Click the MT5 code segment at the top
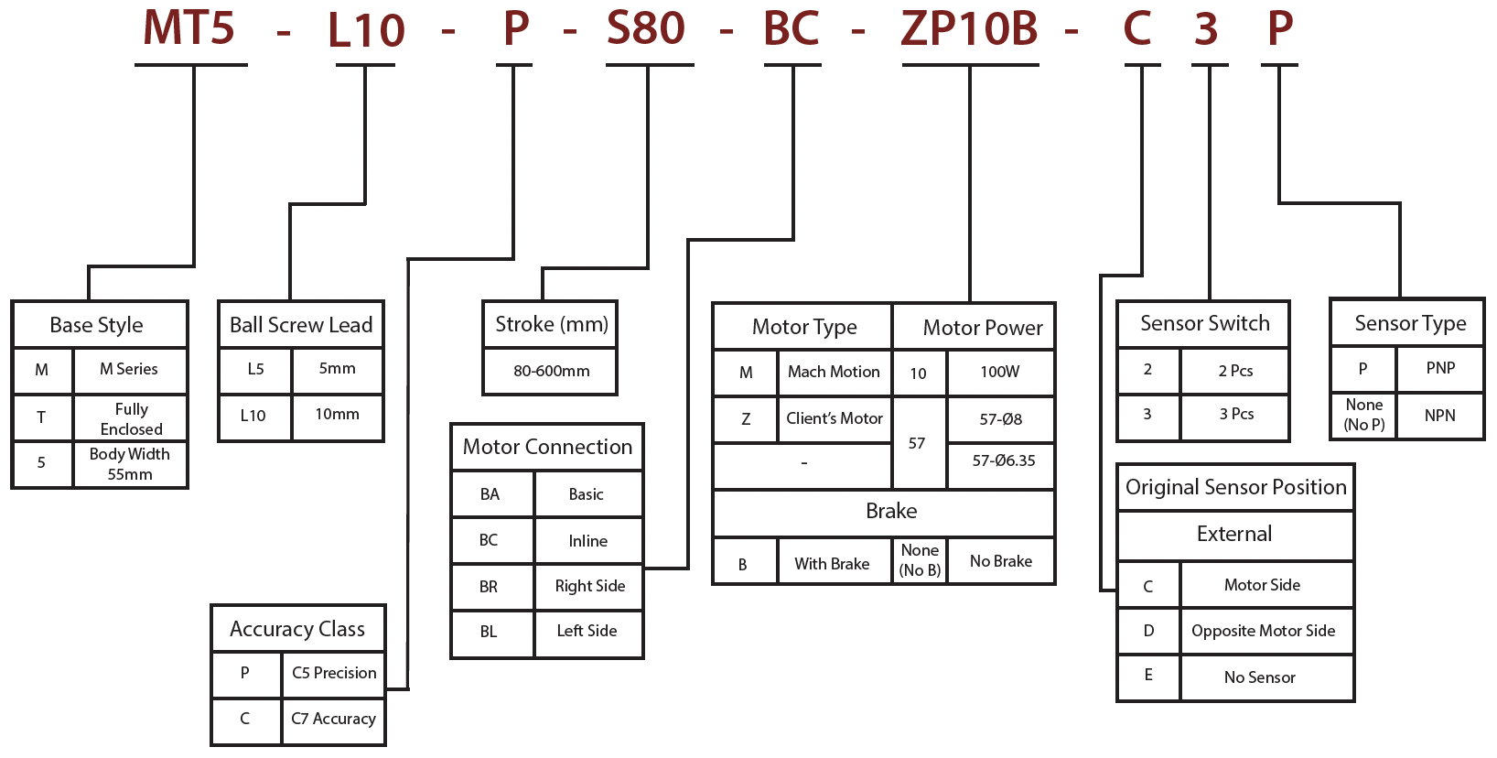tap(189, 27)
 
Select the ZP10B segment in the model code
tap(969, 27)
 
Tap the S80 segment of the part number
tap(646, 27)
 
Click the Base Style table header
tap(97, 325)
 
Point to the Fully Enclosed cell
tap(131, 418)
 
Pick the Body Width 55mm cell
tap(129, 464)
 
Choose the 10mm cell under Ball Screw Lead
tap(337, 415)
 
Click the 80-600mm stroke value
tap(551, 371)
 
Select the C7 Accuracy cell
tap(333, 719)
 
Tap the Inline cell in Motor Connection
tap(587, 541)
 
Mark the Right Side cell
tap(589, 586)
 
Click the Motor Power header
tap(982, 328)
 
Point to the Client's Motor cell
tap(834, 418)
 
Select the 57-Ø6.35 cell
tap(1003, 460)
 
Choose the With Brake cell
tap(832, 564)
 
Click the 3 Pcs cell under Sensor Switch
tap(1235, 414)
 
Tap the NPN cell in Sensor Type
tap(1439, 416)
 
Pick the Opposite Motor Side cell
tap(1263, 631)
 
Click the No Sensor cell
tap(1259, 677)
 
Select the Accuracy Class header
tap(297, 629)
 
